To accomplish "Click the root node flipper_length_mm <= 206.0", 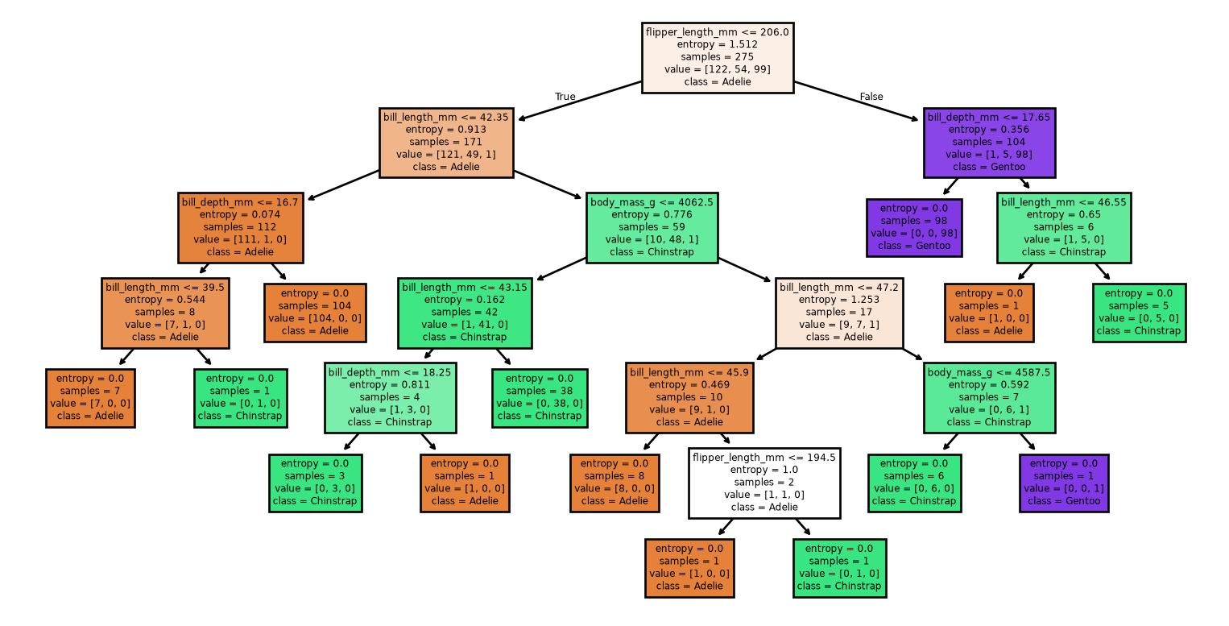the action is [718, 58].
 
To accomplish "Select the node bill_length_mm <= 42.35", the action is [446, 143].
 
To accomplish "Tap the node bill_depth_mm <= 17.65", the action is [989, 143].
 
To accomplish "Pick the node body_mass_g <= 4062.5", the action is [652, 228].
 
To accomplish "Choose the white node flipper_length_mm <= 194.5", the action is [764, 483].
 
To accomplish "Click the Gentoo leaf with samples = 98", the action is [914, 228].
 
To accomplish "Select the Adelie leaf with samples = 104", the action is [315, 313].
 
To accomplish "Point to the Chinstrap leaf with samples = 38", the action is [540, 398].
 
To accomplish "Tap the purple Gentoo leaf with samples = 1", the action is [1064, 483].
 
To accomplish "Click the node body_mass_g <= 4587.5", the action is [989, 398].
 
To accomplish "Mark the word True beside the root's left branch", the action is [565, 97].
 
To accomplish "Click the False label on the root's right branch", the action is [871, 97].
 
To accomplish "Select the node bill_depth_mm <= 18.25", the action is [390, 398].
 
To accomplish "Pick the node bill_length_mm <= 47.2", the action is [839, 313].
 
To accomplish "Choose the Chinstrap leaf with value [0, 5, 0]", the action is [1139, 313].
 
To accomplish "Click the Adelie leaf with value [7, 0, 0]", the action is [90, 398].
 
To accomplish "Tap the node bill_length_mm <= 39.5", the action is [165, 313].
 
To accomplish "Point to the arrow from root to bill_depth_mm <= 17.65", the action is [856, 101].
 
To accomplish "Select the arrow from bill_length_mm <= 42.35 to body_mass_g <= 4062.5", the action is [548, 184].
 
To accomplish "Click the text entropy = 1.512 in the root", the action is [717, 44].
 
